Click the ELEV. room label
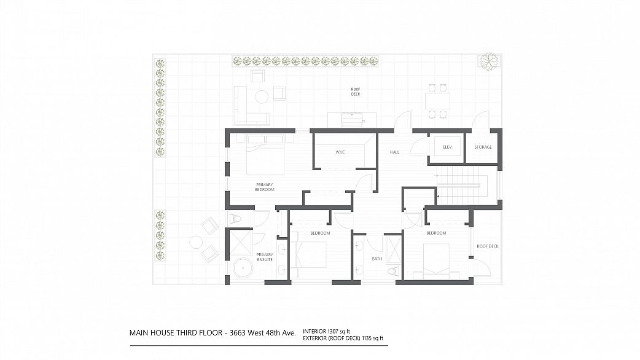(x=447, y=147)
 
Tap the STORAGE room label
(x=483, y=147)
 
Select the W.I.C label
(x=340, y=152)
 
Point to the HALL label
(x=394, y=152)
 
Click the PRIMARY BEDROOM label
(x=265, y=187)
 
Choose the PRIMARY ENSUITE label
(x=265, y=257)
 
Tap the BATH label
(x=377, y=259)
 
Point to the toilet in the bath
(x=393, y=272)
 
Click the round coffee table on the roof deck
(x=262, y=96)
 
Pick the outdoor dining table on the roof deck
(x=437, y=101)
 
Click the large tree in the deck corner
(x=489, y=61)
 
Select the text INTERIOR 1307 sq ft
(x=327, y=331)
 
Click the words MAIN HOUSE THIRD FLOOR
(x=176, y=332)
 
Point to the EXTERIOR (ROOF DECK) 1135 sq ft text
(x=343, y=338)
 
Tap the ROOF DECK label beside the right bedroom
(x=488, y=246)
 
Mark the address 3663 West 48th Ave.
(x=263, y=332)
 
